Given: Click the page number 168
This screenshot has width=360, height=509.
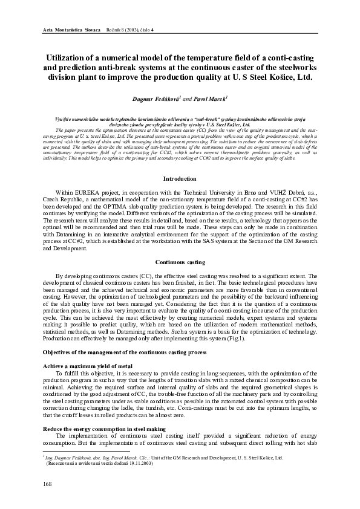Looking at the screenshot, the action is click(47, 484).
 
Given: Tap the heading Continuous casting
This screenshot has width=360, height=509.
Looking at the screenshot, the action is click(180, 262).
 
